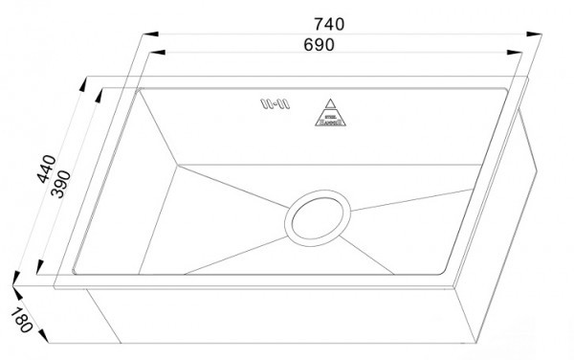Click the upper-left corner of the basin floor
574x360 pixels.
coord(176,163)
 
